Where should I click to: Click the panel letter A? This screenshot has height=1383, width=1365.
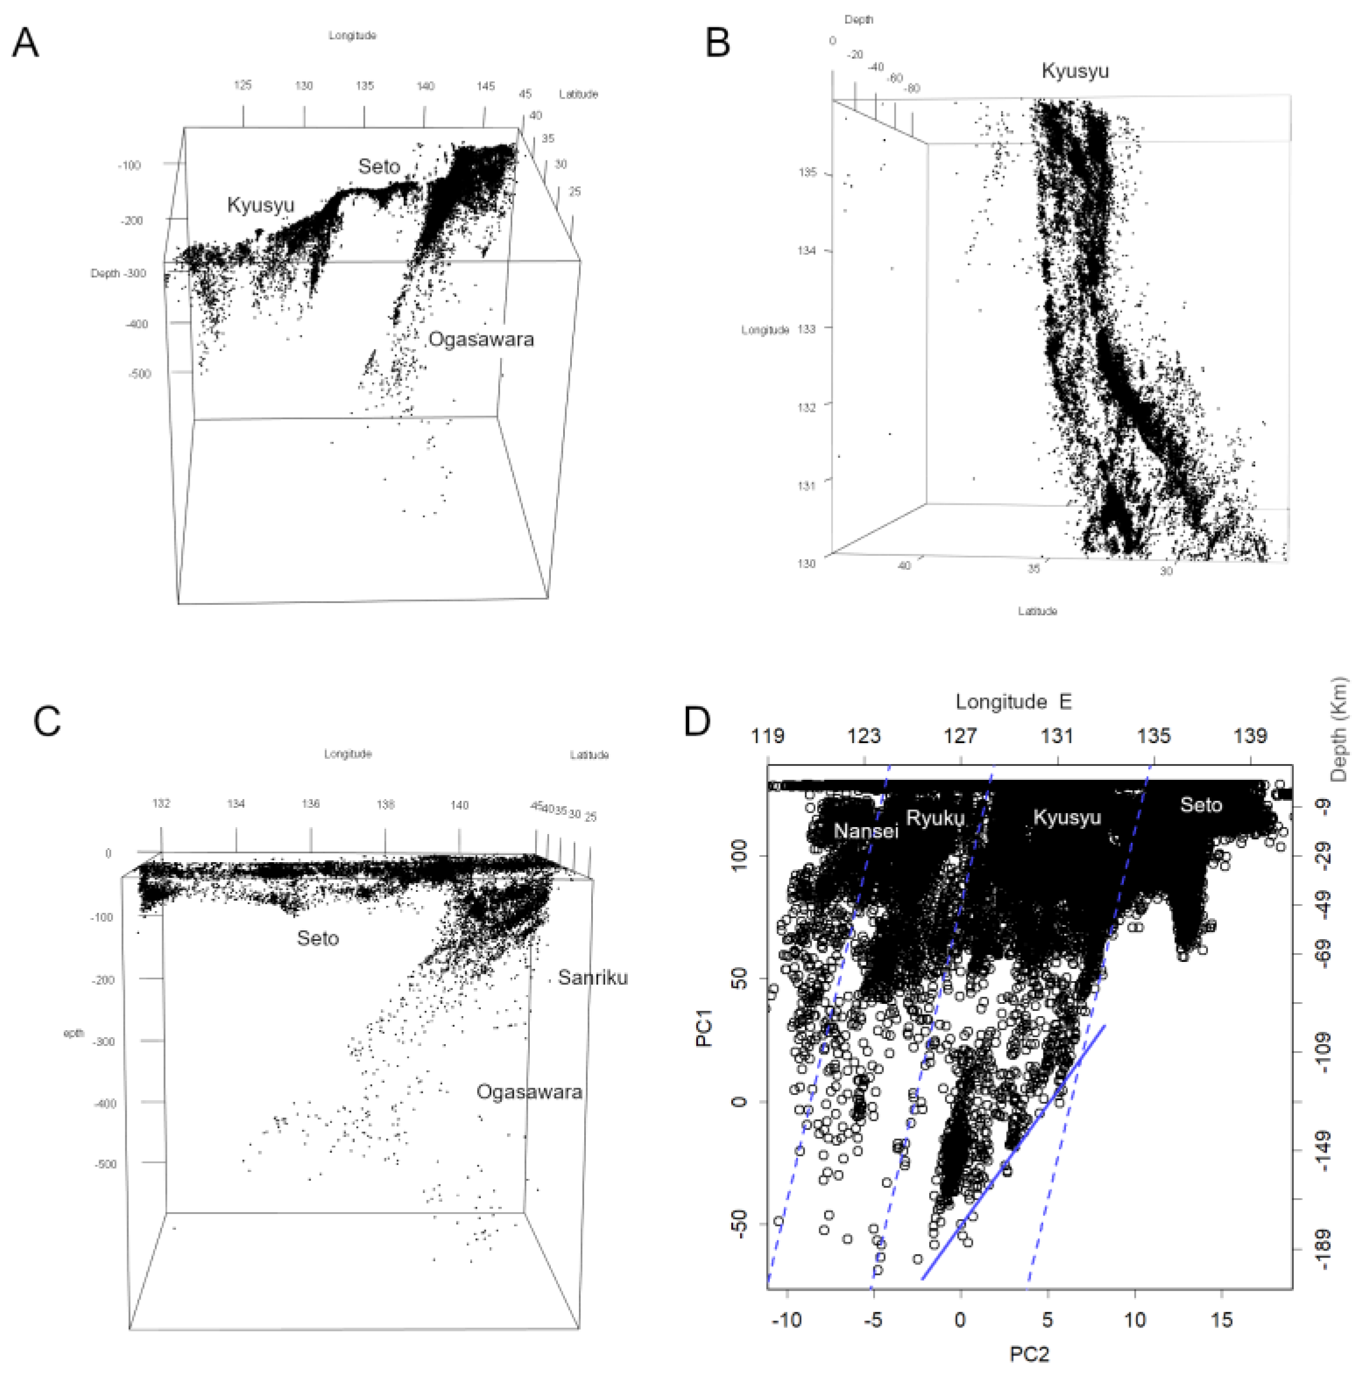point(26,43)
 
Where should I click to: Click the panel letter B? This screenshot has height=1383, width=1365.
point(718,43)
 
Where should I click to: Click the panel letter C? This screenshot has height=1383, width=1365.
point(47,721)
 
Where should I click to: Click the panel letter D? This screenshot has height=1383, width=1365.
point(697,721)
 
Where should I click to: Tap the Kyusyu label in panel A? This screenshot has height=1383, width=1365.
point(261,205)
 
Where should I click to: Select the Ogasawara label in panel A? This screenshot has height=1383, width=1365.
point(480,339)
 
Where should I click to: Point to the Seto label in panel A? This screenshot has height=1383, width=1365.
point(379,167)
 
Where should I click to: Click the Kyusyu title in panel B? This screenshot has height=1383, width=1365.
point(1074,71)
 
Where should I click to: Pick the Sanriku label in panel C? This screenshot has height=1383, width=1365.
point(592,977)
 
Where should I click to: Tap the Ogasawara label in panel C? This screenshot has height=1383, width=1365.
point(529,1093)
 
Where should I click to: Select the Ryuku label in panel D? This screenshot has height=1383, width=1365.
point(935,817)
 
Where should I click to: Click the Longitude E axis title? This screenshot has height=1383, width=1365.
point(1013,702)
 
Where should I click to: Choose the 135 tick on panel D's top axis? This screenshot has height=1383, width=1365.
point(1154,736)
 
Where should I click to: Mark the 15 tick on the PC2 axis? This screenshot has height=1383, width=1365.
point(1222,1319)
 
